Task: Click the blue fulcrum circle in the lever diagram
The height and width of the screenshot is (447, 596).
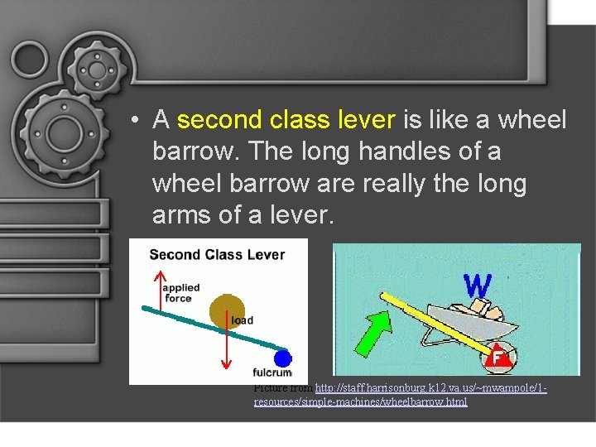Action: [283, 359]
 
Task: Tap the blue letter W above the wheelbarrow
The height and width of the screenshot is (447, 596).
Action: [478, 286]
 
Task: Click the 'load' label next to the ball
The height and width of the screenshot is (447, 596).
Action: [243, 320]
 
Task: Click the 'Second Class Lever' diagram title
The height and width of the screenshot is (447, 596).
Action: [217, 254]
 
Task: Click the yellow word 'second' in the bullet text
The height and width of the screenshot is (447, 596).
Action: [219, 120]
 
